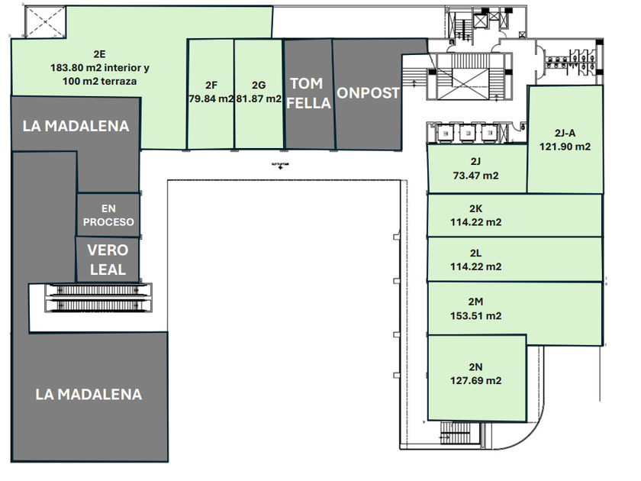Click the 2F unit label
click(x=211, y=86)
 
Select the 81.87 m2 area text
click(x=259, y=98)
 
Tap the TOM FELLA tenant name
click(x=309, y=93)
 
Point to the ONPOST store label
click(x=369, y=93)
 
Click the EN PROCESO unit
click(x=108, y=215)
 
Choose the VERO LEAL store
click(x=108, y=260)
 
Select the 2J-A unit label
click(x=565, y=132)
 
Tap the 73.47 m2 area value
click(x=475, y=176)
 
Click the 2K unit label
click(x=475, y=208)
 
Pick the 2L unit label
click(x=475, y=253)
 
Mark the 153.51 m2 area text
click(x=475, y=316)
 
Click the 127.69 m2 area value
click(x=475, y=380)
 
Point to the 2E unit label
click(x=99, y=54)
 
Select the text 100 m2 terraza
click(x=99, y=81)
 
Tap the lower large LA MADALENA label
click(x=89, y=395)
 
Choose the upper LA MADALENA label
click(x=76, y=126)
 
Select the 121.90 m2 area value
click(x=565, y=146)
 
